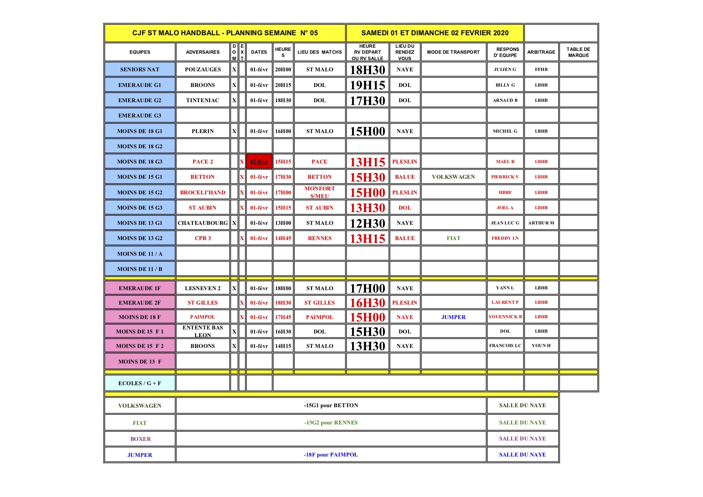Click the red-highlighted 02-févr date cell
(x=259, y=162)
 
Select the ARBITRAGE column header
(x=541, y=52)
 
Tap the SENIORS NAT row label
(x=140, y=69)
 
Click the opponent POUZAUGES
(x=203, y=69)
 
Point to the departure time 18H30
(x=367, y=70)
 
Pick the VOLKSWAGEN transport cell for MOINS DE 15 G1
(x=453, y=177)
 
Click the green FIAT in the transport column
(x=453, y=238)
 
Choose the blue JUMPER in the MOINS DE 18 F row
(x=453, y=317)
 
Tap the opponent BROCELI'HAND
(x=203, y=192)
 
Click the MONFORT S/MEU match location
(x=320, y=192)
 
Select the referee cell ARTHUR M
(x=541, y=223)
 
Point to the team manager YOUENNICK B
(x=505, y=317)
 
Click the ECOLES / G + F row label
(x=140, y=383)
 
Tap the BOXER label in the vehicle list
(x=140, y=439)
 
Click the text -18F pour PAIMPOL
(x=331, y=455)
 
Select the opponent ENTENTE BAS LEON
(x=203, y=331)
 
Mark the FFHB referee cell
(x=541, y=69)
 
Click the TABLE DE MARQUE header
(x=578, y=52)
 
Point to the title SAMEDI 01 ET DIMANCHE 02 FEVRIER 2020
(x=435, y=33)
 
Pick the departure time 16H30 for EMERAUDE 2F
(x=367, y=303)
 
